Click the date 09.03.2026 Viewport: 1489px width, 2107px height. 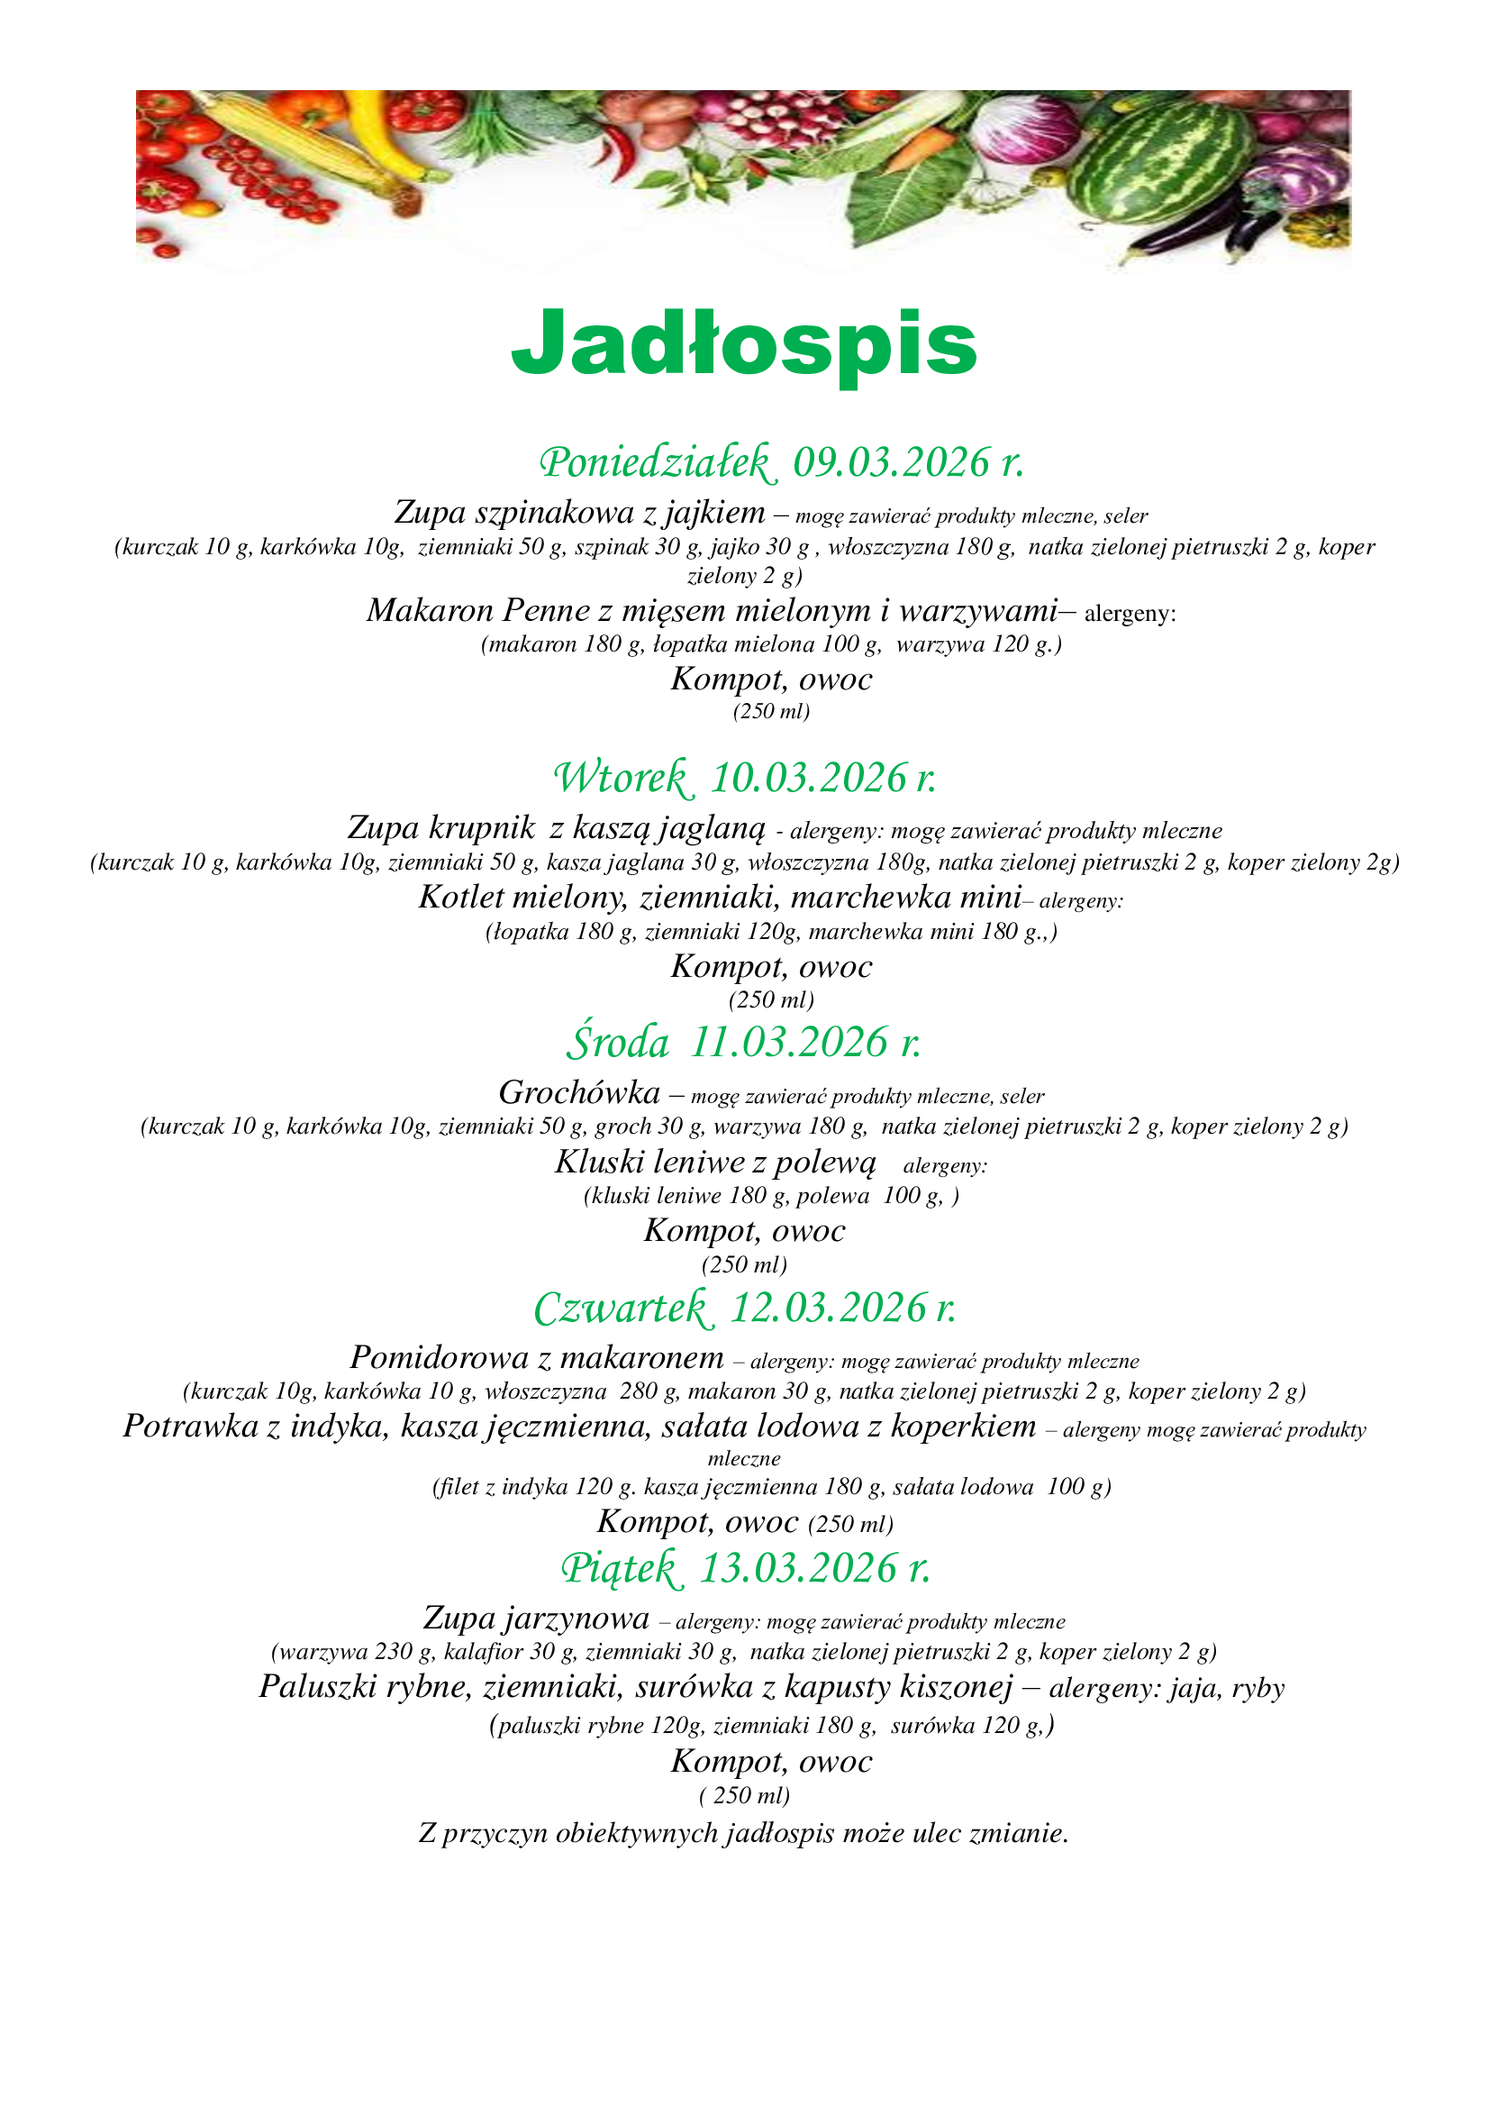(x=891, y=461)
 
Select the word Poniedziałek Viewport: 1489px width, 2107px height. (x=658, y=461)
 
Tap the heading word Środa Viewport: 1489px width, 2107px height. (x=618, y=1043)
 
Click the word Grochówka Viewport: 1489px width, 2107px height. (x=579, y=1092)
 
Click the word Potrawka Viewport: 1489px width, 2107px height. (x=190, y=1426)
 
